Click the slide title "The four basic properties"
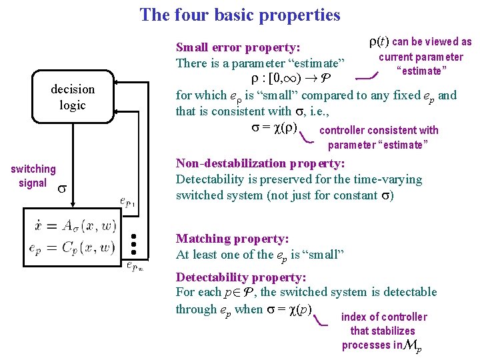[x=240, y=15]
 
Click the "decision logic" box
[x=73, y=97]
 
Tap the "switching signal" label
[x=33, y=176]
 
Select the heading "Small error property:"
[x=237, y=47]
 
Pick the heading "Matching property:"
[x=232, y=239]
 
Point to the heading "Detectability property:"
[x=241, y=277]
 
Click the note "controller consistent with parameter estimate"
[x=379, y=137]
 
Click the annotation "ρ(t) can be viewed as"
[x=420, y=41]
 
